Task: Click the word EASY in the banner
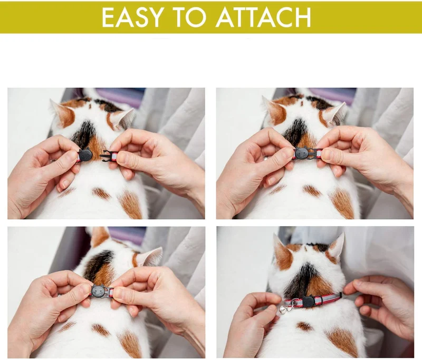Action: click(x=132, y=17)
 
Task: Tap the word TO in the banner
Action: click(x=190, y=17)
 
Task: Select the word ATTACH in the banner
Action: click(x=263, y=17)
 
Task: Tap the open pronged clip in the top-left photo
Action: click(x=106, y=155)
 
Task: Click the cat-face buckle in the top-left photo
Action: click(x=85, y=154)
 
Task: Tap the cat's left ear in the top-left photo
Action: click(x=62, y=113)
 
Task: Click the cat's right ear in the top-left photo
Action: click(x=122, y=118)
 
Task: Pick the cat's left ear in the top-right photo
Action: click(x=273, y=110)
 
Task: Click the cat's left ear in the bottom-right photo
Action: click(x=282, y=252)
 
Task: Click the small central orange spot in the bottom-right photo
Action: click(x=304, y=326)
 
